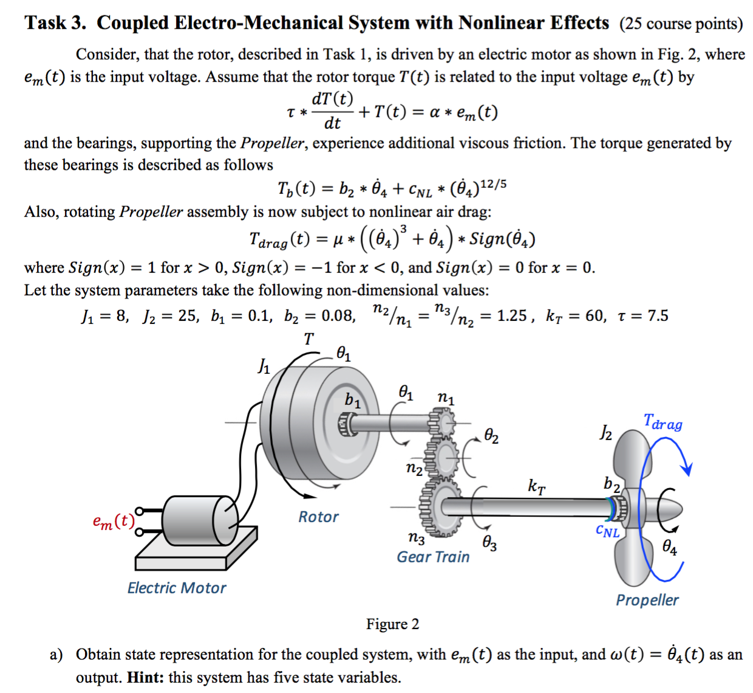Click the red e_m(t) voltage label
[114, 521]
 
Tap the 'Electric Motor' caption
[177, 588]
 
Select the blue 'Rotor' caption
[318, 517]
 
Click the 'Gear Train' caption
[433, 557]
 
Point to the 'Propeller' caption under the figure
[647, 601]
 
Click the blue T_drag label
[663, 422]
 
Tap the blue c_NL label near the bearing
[608, 531]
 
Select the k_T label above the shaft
[536, 487]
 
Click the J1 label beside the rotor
[264, 366]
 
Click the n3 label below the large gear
[417, 539]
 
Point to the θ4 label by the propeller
[670, 547]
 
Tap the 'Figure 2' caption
[392, 624]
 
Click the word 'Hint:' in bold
[146, 677]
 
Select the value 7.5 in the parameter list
[658, 315]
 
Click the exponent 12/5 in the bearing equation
[493, 184]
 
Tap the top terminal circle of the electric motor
[139, 511]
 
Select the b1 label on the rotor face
[352, 401]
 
